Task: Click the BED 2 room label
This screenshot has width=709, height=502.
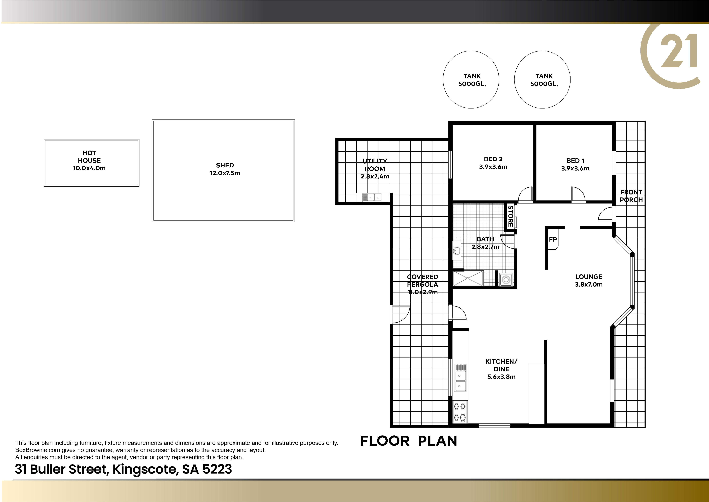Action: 493,163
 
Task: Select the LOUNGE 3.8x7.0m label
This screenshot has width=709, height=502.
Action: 589,280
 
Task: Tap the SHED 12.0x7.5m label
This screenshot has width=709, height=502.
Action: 225,169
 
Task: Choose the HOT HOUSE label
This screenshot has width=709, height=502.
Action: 89,160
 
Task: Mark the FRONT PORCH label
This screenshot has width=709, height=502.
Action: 631,196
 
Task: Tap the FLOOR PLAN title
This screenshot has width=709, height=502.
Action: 408,441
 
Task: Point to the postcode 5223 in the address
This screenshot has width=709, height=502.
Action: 217,469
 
